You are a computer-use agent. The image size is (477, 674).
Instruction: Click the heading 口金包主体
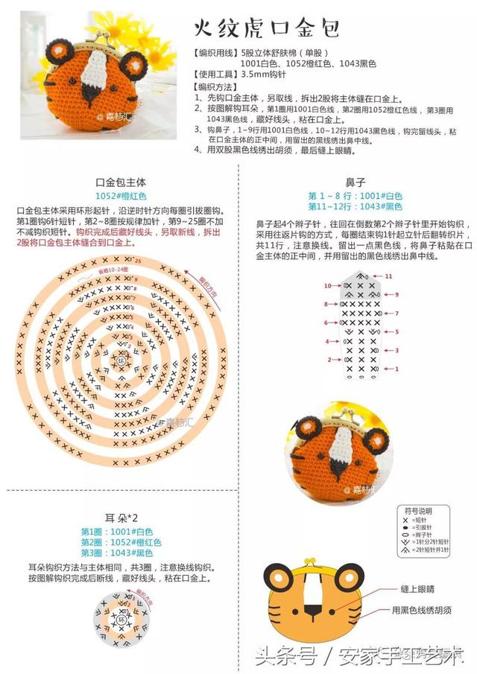pos(121,182)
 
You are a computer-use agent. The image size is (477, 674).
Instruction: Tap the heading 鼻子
pos(355,182)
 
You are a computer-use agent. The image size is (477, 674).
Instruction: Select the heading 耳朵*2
pos(121,518)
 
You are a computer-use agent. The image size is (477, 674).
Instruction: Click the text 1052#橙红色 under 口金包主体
pos(121,195)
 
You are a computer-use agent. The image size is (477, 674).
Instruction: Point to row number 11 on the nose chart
pos(388,276)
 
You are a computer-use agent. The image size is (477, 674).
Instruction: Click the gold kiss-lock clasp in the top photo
pos(89,38)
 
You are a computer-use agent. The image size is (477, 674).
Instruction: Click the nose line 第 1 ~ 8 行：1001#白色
pos(355,195)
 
